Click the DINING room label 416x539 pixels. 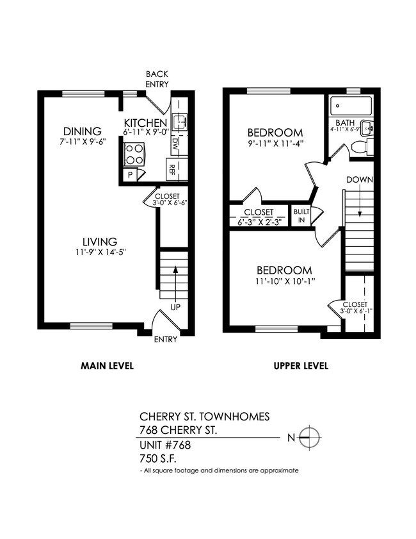(82, 131)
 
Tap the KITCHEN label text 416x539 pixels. (145, 123)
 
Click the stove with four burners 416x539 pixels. (134, 154)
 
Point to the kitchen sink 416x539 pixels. (181, 121)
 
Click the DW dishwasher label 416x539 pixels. (175, 145)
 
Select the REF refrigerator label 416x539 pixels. (172, 170)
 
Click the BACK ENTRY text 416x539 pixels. (157, 79)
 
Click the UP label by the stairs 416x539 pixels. (175, 307)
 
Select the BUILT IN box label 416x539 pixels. (300, 216)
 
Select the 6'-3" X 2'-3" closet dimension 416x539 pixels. (258, 222)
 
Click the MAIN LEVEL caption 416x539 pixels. (107, 367)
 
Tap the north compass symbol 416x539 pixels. (310, 438)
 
